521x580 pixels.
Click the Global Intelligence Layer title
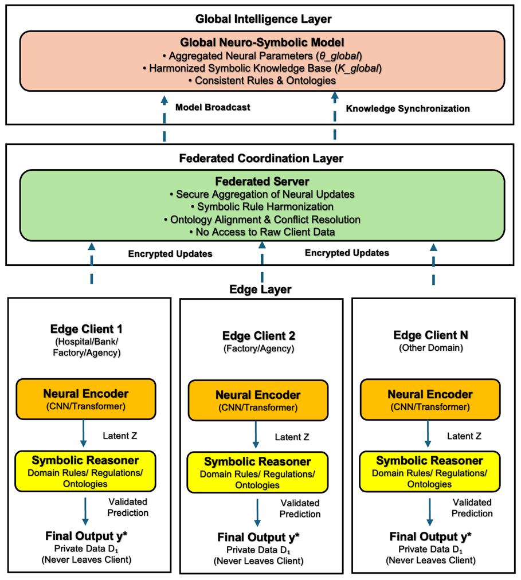pos(263,19)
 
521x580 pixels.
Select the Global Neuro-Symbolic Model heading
pos(263,42)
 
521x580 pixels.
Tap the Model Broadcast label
pos(213,107)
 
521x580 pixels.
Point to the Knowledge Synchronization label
pos(408,108)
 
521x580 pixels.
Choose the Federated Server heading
pos(263,181)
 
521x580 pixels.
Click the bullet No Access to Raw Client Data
pos(263,232)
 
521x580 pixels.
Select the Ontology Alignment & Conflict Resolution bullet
pos(263,220)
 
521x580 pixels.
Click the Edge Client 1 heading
pos(86,329)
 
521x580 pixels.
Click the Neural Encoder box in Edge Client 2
pos(258,401)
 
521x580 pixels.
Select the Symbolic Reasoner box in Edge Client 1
pos(85,471)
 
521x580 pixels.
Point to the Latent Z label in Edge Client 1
pos(120,436)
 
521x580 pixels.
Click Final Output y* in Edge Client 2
pos(258,537)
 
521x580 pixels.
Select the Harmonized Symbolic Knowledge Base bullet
pos(263,68)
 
